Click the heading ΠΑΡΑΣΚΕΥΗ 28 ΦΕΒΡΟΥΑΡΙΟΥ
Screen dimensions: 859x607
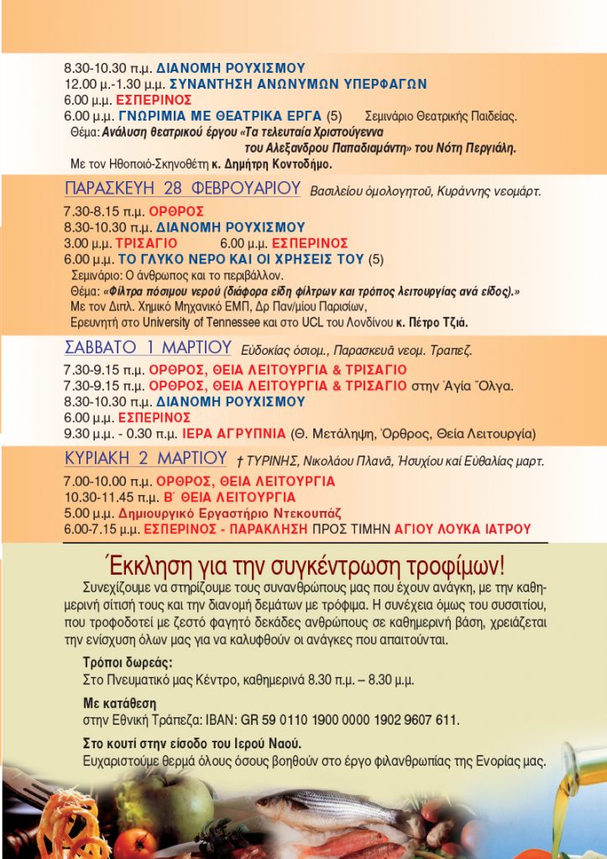182,189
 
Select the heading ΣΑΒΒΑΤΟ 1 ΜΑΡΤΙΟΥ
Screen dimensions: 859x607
148,347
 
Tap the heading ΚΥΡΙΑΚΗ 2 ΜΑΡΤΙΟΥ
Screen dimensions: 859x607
145,459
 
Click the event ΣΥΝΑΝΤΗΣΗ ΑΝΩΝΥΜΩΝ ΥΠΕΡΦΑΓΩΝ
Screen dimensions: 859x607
298,85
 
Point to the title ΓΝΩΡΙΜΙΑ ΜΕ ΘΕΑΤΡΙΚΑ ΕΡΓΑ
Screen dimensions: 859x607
221,115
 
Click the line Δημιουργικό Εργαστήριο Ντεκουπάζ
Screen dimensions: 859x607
230,513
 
